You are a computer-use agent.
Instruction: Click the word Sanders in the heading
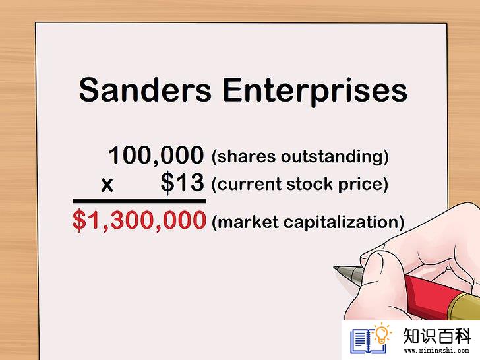145,90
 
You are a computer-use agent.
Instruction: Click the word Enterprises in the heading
315,92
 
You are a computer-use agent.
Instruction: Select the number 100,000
156,156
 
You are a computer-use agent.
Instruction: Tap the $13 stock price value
182,183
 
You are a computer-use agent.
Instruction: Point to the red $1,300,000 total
139,220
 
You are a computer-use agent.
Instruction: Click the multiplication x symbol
107,185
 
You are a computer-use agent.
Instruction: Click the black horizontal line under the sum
139,201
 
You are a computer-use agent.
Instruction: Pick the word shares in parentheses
244,156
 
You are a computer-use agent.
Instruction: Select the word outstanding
333,157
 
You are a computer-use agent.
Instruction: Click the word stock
309,184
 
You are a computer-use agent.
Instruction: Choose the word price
360,185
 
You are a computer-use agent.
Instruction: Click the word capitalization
341,223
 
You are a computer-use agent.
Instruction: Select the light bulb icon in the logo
381,333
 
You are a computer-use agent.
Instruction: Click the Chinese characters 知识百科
437,336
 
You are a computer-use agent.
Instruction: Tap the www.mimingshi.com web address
436,351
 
